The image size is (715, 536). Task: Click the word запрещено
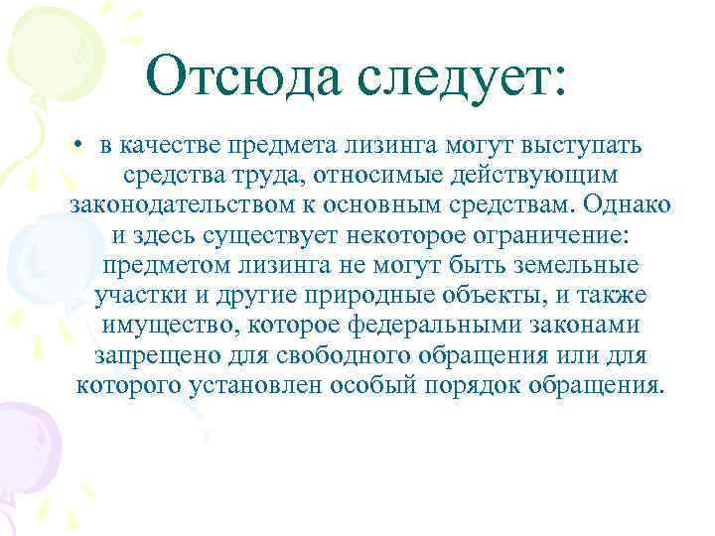tap(148, 355)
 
